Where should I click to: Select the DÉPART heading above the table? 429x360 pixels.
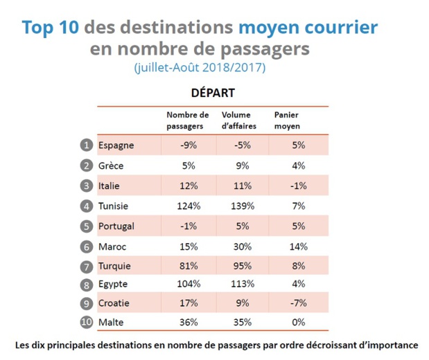[213, 93]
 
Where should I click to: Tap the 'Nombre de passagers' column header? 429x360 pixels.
[187, 120]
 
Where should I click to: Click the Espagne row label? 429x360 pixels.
[116, 145]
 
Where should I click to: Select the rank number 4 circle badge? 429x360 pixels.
[86, 206]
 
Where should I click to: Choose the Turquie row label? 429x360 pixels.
[114, 266]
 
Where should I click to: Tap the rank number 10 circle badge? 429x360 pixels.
[86, 322]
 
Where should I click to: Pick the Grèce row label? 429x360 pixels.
[111, 165]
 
